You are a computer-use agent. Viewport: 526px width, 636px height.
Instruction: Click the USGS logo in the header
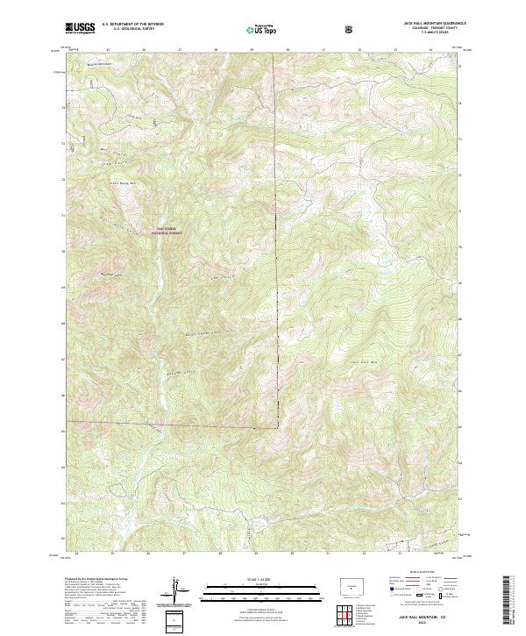click(80, 29)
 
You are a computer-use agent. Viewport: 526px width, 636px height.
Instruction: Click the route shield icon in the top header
click(352, 30)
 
